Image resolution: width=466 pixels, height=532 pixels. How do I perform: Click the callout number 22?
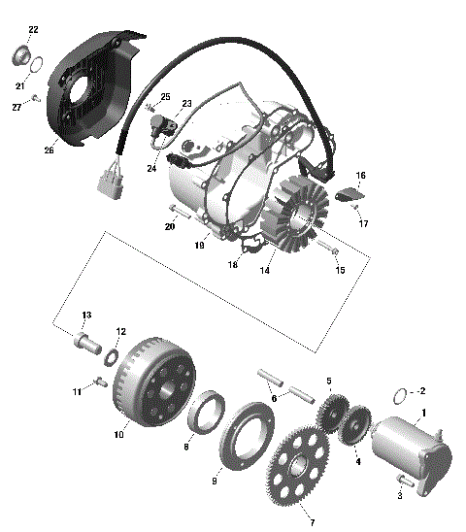point(33,30)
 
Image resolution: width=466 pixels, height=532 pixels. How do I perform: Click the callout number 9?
point(215,480)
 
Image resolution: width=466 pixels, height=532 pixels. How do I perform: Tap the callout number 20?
point(169,226)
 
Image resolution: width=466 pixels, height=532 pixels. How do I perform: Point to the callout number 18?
point(233,264)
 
